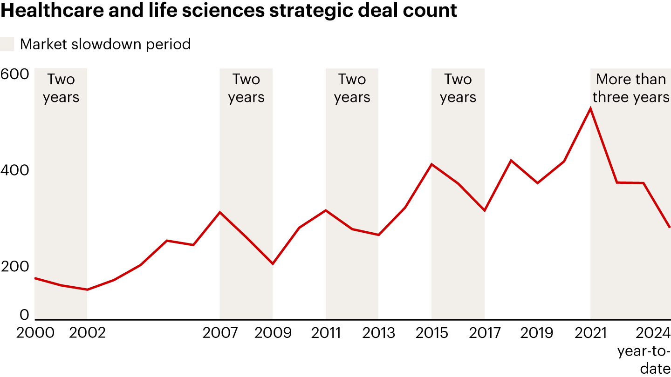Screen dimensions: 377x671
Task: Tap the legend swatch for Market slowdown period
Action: (7, 44)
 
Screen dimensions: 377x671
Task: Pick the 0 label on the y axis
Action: (24, 315)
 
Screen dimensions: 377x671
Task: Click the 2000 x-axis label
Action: (35, 333)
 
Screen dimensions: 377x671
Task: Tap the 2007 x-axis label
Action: (220, 333)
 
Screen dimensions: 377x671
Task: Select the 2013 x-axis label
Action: (379, 333)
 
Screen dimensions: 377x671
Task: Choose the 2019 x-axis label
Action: (537, 333)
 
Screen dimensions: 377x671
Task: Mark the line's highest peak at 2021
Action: (590, 108)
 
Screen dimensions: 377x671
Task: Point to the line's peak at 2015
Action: (432, 164)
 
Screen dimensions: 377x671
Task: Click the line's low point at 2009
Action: (273, 264)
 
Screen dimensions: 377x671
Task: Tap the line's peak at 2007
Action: (220, 212)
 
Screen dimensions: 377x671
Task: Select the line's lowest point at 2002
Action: (87, 289)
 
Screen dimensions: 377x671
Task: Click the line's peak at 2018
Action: (511, 160)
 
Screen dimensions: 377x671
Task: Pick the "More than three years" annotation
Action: (631, 88)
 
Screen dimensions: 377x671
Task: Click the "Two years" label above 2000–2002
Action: (61, 88)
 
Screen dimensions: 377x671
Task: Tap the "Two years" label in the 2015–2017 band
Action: (458, 88)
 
